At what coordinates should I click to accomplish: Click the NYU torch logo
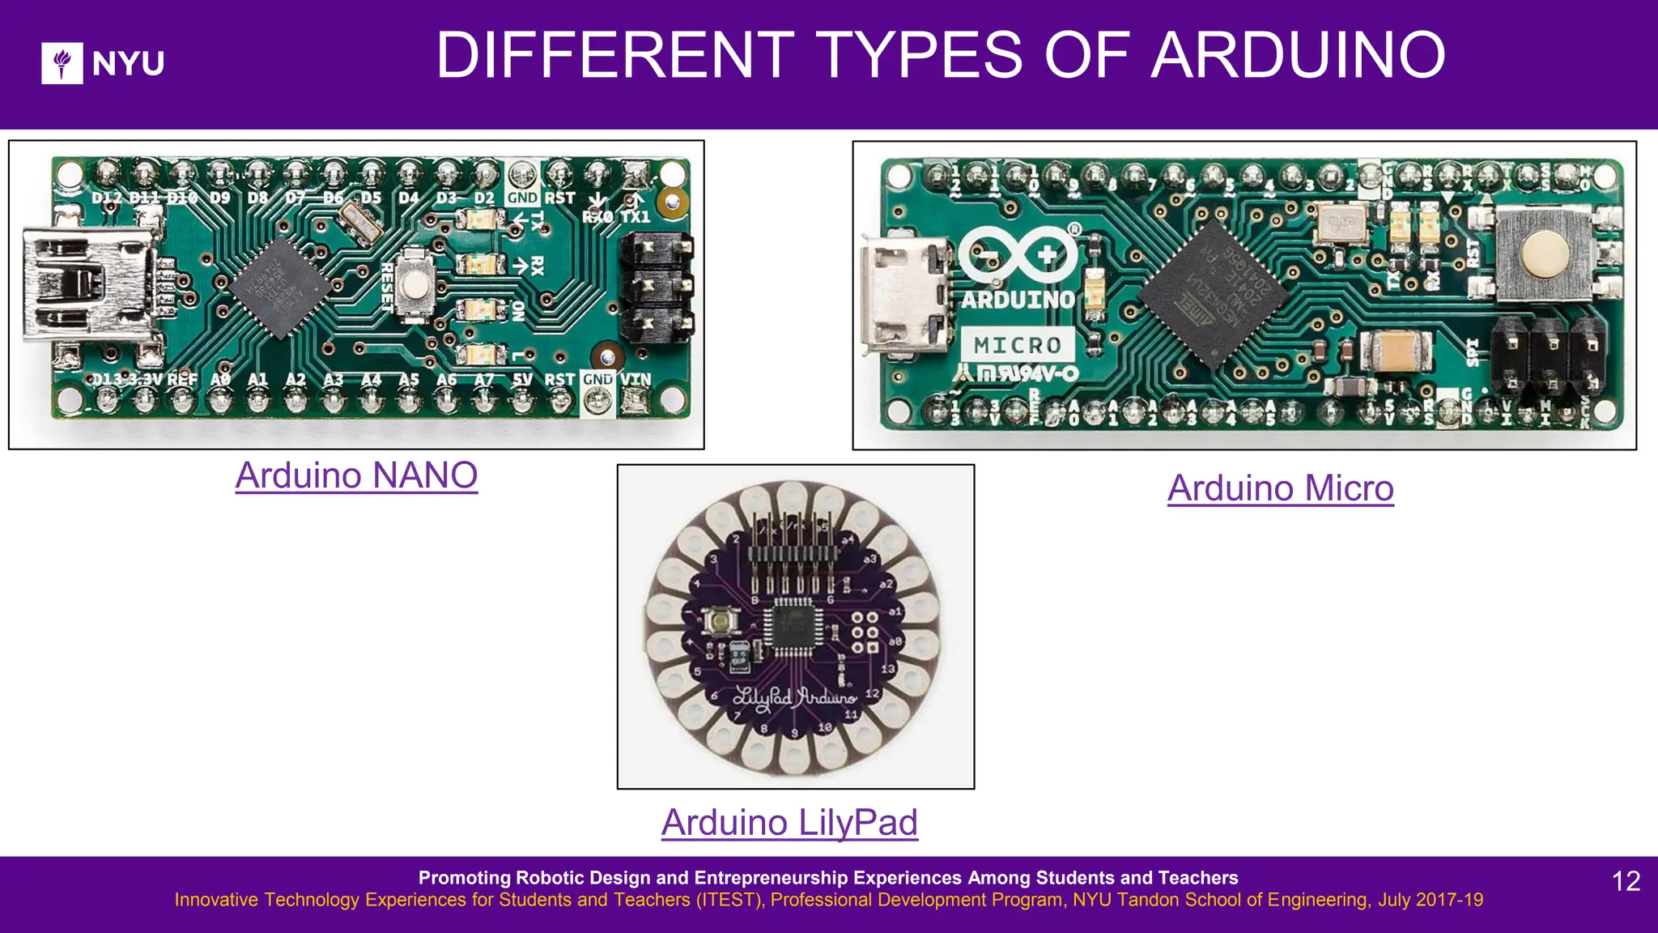(x=62, y=63)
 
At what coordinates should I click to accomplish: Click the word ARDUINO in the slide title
(x=1298, y=56)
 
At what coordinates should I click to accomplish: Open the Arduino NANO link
(x=356, y=475)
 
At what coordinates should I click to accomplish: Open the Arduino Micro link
(x=1280, y=488)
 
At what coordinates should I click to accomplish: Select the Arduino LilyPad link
(x=789, y=823)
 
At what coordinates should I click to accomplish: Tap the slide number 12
(x=1626, y=881)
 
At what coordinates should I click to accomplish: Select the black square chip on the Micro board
(x=1212, y=293)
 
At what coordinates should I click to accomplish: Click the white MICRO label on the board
(x=1018, y=345)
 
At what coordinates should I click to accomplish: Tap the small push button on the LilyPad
(x=719, y=622)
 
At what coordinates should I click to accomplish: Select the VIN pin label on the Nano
(x=636, y=379)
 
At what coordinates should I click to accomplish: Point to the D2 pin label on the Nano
(x=484, y=198)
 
